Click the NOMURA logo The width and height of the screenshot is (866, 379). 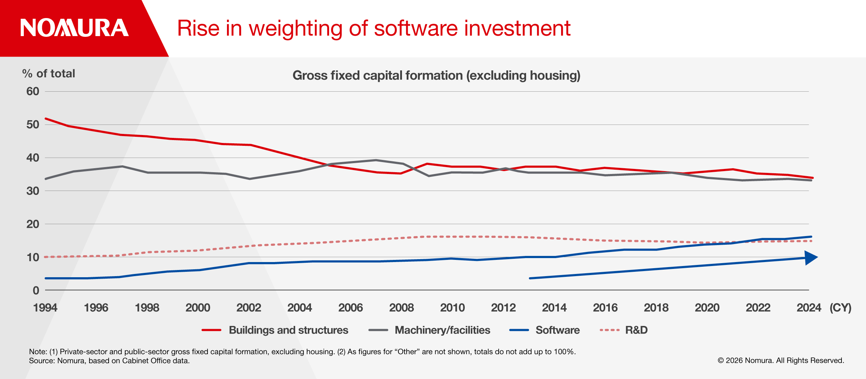(74, 28)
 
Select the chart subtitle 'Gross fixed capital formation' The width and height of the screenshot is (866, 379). (377, 75)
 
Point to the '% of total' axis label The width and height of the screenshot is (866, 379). (49, 74)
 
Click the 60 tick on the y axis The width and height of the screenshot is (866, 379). (33, 91)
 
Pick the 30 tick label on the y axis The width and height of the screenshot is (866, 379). (33, 191)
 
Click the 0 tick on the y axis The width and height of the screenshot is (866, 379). (36, 291)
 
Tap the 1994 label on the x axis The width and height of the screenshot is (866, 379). (45, 308)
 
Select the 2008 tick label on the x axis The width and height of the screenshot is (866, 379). (401, 308)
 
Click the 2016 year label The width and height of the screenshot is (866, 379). (605, 308)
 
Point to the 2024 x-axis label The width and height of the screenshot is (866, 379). (809, 308)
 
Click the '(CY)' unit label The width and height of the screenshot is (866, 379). (840, 308)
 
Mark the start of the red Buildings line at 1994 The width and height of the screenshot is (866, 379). (46, 118)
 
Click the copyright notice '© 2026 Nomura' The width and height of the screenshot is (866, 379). (781, 361)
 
